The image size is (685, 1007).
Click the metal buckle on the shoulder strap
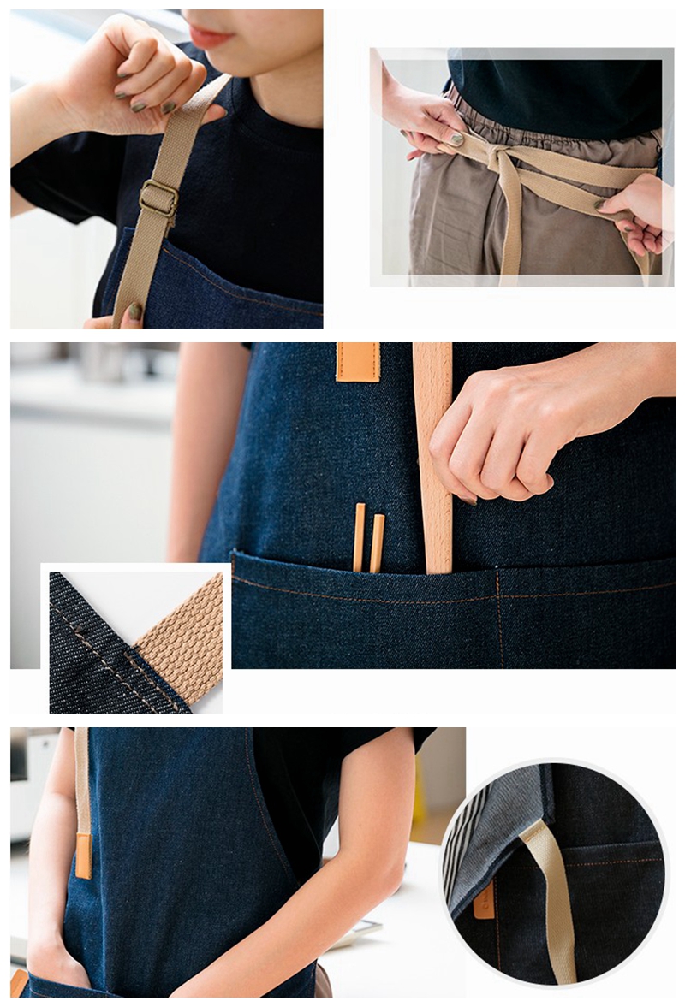(x=158, y=198)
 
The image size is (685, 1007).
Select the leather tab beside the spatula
(x=358, y=361)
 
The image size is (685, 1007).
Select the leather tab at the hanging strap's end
(x=83, y=856)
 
